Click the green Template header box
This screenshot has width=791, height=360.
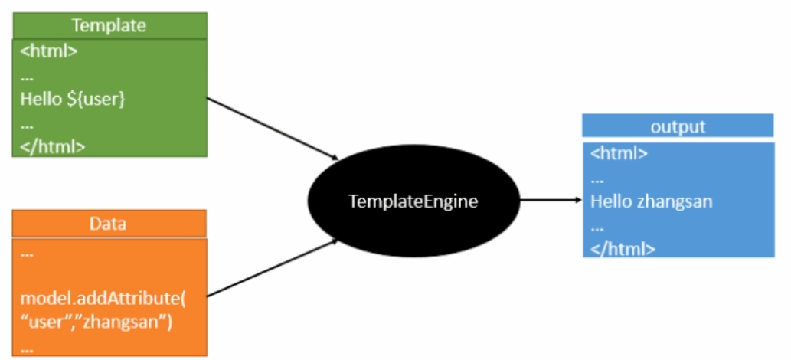pyautogui.click(x=109, y=25)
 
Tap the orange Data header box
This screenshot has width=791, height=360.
pyautogui.click(x=109, y=224)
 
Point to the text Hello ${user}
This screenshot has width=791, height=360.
pyautogui.click(x=73, y=99)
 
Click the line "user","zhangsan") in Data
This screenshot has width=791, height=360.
pyautogui.click(x=96, y=322)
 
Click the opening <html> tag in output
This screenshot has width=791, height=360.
pyautogui.click(x=619, y=153)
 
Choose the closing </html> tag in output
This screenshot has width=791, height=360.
pyautogui.click(x=623, y=248)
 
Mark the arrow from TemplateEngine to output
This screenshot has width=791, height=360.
pyautogui.click(x=551, y=201)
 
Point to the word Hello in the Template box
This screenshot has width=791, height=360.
pyautogui.click(x=40, y=99)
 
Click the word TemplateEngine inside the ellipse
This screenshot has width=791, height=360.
pyautogui.click(x=413, y=202)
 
